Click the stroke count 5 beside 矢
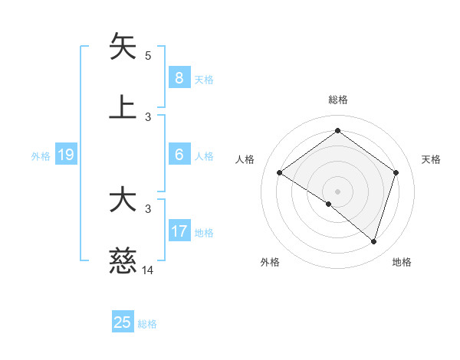[148, 56]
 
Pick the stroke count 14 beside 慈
[148, 270]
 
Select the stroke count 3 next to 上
[148, 117]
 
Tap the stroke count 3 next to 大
[148, 209]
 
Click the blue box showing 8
[179, 78]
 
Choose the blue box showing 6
[179, 155]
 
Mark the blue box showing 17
[179, 231]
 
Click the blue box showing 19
[65, 155]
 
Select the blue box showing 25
[123, 322]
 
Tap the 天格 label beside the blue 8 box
[204, 79]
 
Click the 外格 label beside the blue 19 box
[41, 156]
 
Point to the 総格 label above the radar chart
[337, 100]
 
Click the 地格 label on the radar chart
[402, 262]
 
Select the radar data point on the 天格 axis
[396, 172]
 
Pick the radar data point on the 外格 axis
[329, 204]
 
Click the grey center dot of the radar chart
[337, 191]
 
